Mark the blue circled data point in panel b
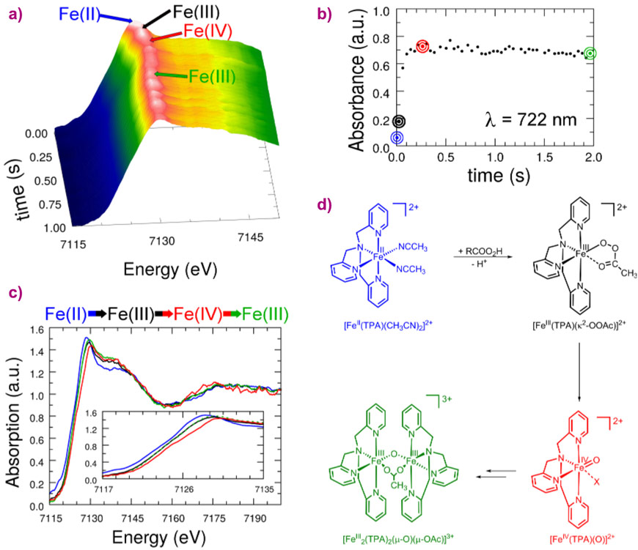coord(397,137)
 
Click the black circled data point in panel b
coord(397,122)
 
